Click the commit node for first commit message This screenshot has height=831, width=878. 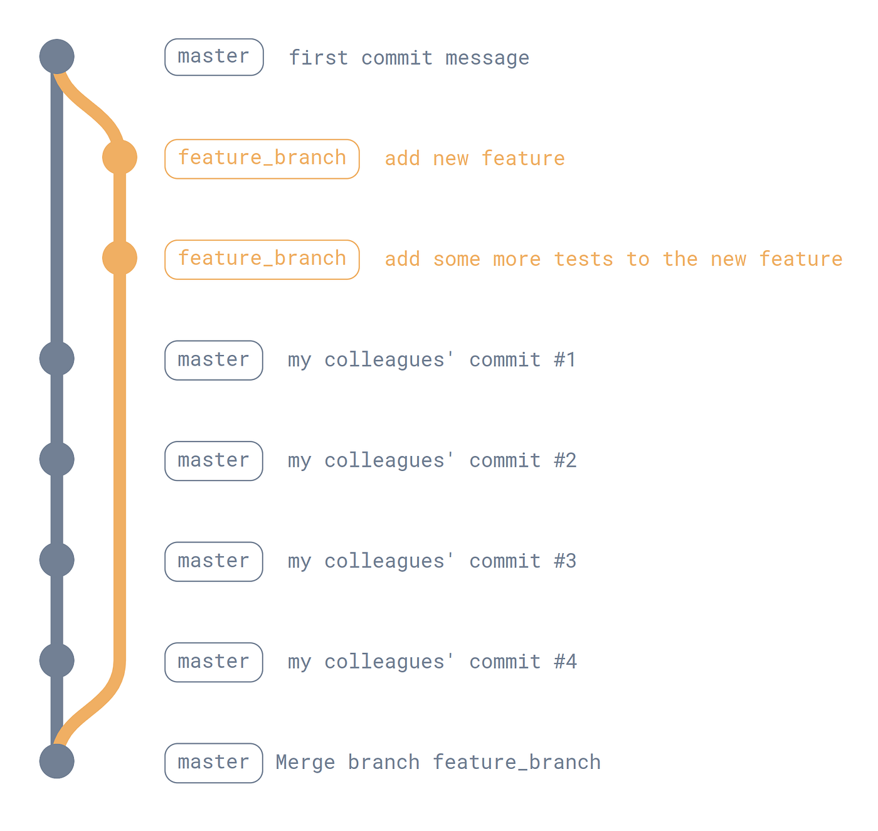click(57, 56)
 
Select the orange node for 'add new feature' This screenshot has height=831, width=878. click(120, 157)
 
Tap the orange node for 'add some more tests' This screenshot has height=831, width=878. click(120, 258)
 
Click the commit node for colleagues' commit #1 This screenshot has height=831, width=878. click(57, 359)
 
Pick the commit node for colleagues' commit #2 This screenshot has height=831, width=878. click(57, 459)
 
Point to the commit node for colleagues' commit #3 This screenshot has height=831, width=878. click(57, 560)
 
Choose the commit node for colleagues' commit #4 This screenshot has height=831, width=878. click(57, 660)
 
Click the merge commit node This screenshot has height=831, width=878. click(57, 761)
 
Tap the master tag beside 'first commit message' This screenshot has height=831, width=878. click(214, 57)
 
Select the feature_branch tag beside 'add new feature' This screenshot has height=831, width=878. click(262, 159)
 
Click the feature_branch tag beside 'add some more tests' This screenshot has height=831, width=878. click(262, 260)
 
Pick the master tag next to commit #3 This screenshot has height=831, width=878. click(214, 561)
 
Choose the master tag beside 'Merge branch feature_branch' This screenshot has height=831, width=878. click(214, 763)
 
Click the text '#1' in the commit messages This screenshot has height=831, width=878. click(565, 359)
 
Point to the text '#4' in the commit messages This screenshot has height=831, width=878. click(565, 662)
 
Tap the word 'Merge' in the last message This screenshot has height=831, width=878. click(305, 762)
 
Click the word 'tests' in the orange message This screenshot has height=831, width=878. click(583, 259)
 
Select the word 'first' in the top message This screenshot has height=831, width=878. click(318, 58)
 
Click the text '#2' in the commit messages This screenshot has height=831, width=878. click(565, 460)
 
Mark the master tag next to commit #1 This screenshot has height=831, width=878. click(214, 360)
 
